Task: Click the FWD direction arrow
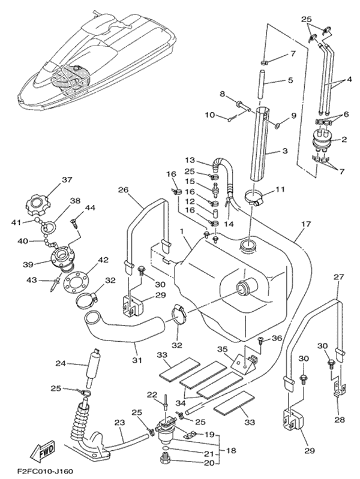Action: [x=43, y=451]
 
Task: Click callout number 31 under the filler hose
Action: [x=137, y=360]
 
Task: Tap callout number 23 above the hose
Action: [x=119, y=423]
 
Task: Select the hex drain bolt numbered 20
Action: [x=165, y=458]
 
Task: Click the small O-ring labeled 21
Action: [x=165, y=448]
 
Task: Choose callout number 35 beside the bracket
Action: [x=223, y=349]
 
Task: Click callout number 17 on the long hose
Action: [x=305, y=224]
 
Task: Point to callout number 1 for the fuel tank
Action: [x=182, y=231]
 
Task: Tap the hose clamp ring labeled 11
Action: [x=254, y=198]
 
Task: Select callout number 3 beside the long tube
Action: [x=285, y=150]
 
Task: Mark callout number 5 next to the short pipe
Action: [x=290, y=80]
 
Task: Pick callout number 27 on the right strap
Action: [x=339, y=277]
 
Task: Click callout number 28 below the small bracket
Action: [x=339, y=420]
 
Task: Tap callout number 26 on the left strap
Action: [x=123, y=190]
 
